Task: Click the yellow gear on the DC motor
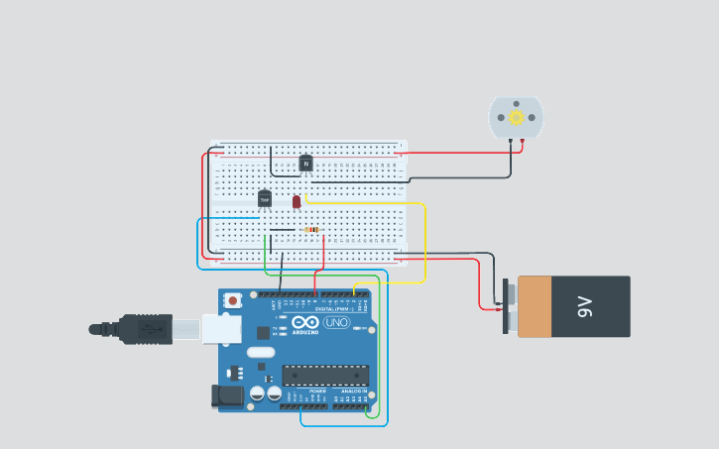tap(516, 117)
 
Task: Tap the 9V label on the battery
tap(585, 307)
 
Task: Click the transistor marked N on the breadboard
tap(305, 164)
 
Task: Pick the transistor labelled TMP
tap(265, 199)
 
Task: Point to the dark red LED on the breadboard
tap(297, 201)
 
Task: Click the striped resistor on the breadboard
tap(310, 230)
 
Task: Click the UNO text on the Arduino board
tap(337, 322)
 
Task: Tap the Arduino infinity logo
tap(305, 322)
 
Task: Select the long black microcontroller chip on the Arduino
tap(325, 375)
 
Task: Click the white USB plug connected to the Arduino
tap(221, 329)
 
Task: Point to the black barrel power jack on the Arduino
tap(227, 396)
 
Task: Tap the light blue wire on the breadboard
tap(228, 218)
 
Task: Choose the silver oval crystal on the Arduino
tap(261, 352)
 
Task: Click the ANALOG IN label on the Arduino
tap(352, 392)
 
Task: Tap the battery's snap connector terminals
tap(507, 307)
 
